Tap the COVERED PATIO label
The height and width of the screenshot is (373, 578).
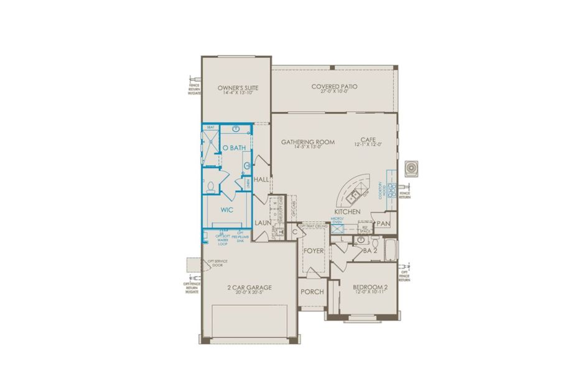click(334, 86)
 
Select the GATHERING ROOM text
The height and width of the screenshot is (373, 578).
click(307, 142)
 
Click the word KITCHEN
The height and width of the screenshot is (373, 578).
click(347, 211)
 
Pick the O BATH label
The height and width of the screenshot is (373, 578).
click(234, 147)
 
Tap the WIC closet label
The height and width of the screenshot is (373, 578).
click(226, 210)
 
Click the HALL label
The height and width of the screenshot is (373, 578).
click(261, 179)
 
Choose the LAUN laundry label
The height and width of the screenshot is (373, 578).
click(261, 222)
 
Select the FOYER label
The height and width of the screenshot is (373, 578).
click(314, 251)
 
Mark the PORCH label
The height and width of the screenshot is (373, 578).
click(312, 291)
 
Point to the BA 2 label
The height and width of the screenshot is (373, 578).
click(371, 251)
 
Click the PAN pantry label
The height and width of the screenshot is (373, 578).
click(384, 222)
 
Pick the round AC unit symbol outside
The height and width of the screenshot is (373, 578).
click(410, 168)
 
